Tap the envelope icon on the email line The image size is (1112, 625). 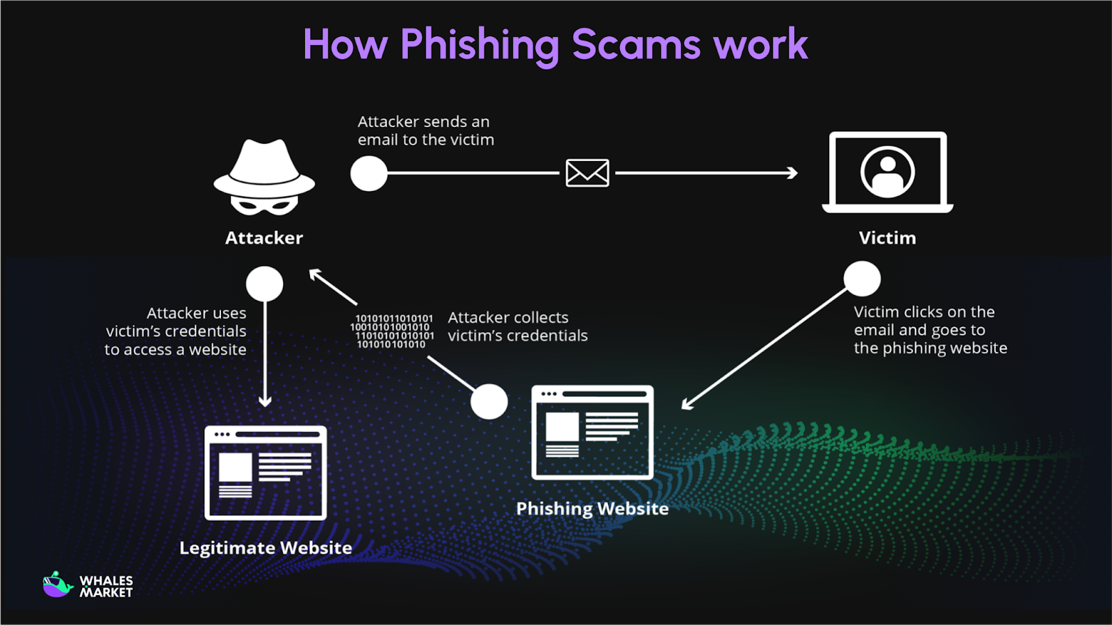click(587, 173)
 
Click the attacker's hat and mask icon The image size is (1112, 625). click(264, 178)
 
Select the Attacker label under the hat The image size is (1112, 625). click(264, 238)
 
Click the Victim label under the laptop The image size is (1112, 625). click(887, 238)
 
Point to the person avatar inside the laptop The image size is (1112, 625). click(888, 172)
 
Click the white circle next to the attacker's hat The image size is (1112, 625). click(368, 173)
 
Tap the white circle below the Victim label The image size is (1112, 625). click(862, 278)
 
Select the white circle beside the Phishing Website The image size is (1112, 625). click(489, 401)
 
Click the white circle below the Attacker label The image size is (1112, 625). click(264, 283)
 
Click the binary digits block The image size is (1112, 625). click(393, 331)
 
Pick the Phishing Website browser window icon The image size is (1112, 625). click(592, 432)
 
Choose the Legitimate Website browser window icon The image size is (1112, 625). click(265, 473)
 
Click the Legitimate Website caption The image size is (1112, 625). click(265, 548)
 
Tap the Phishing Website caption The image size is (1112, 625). click(592, 508)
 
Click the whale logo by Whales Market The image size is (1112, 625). click(58, 585)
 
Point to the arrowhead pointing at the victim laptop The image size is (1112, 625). click(793, 173)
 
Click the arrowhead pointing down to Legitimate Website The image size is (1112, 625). click(265, 401)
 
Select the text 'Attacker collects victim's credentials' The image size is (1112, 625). click(517, 326)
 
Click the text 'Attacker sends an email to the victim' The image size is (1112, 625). click(425, 131)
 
